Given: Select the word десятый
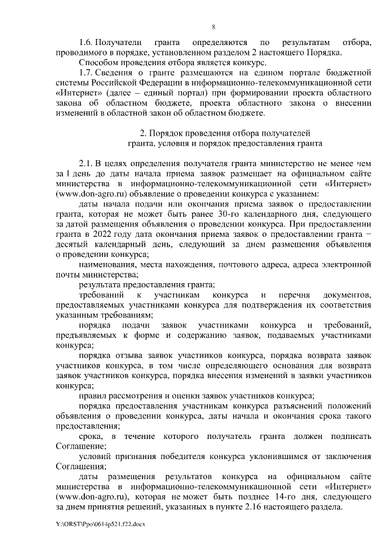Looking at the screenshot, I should pos(72,244).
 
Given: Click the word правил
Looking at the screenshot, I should pos(92,395).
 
